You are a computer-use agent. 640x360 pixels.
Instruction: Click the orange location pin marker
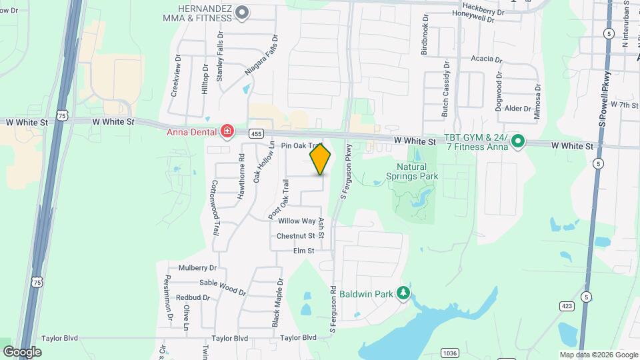point(321,159)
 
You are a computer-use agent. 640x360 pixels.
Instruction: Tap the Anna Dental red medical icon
point(227,131)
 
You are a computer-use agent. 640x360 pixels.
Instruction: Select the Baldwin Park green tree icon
point(403,293)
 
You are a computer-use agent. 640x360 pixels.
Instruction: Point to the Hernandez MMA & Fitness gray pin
point(243,12)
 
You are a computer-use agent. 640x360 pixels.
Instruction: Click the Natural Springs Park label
point(412,171)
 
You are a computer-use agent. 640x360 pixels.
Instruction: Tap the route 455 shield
point(256,134)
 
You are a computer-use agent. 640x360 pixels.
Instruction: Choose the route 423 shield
point(567,306)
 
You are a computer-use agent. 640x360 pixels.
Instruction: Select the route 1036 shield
point(449,353)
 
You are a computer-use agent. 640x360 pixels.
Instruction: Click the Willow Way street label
point(297,221)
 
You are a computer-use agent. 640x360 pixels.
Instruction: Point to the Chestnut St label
point(295,236)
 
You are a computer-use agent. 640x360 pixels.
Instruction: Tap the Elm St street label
point(303,251)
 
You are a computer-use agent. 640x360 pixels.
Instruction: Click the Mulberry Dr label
point(197,268)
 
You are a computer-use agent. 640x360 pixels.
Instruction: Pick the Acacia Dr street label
point(486,59)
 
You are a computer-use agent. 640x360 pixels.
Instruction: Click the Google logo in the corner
point(22,351)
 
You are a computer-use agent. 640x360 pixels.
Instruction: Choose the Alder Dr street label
point(517,108)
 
